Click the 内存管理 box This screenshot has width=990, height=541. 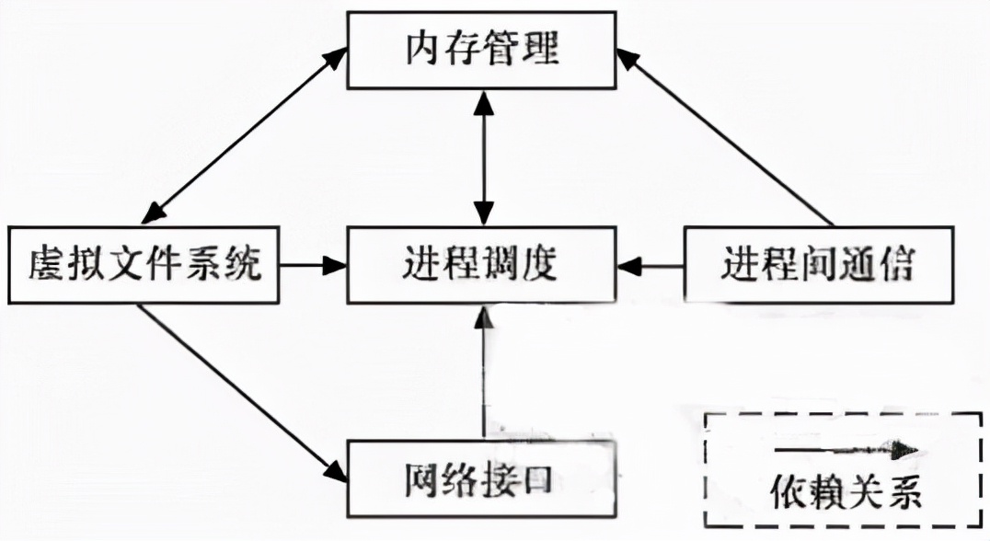tap(481, 51)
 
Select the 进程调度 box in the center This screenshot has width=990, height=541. tap(481, 266)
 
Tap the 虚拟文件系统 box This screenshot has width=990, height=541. tap(143, 266)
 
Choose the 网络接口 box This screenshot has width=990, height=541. tap(479, 478)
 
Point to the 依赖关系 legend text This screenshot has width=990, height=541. tap(845, 494)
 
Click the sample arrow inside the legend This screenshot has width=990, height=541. tap(845, 448)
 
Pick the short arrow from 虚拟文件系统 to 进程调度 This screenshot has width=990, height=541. tap(312, 266)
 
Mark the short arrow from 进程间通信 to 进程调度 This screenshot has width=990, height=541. tap(652, 266)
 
